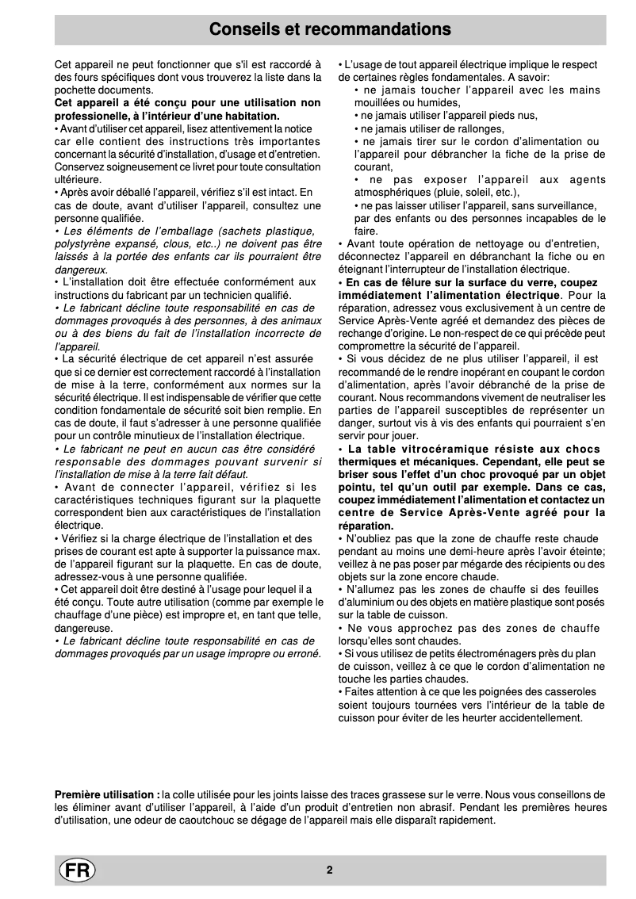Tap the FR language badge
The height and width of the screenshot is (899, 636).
[77, 870]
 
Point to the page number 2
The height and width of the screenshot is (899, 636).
[329, 870]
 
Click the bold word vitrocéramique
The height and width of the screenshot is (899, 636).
[438, 449]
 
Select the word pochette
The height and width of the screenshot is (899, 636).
[77, 90]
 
